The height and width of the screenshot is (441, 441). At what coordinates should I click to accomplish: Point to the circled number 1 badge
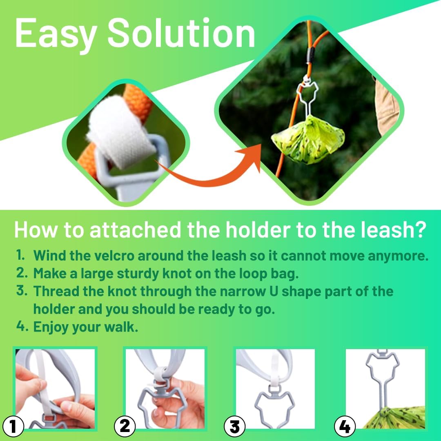click(13, 427)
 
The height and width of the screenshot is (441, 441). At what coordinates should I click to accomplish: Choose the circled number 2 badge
click(125, 427)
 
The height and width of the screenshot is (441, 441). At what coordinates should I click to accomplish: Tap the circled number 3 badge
click(234, 427)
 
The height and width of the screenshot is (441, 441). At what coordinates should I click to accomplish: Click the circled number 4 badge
click(345, 427)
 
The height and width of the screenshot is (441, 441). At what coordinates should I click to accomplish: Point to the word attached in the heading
click(136, 230)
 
